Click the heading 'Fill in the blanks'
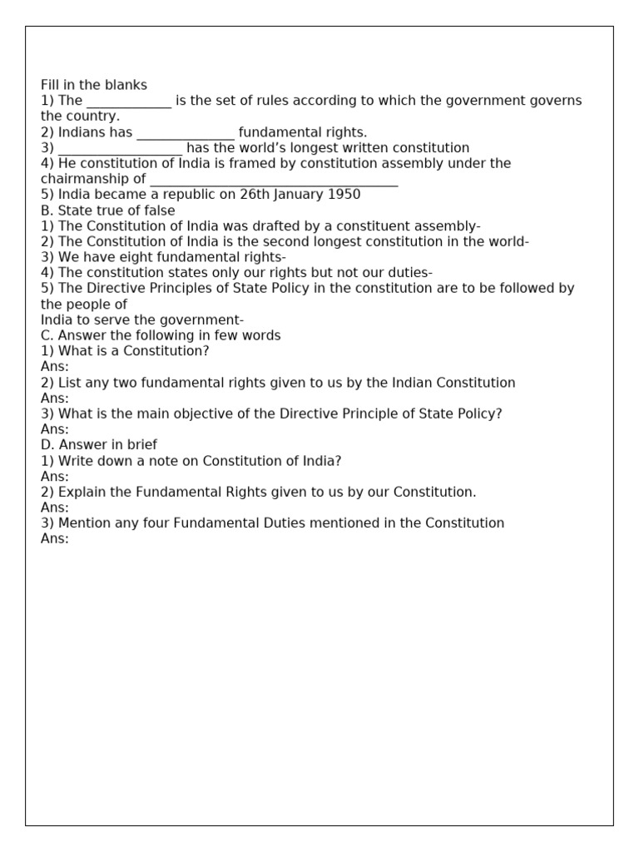click(94, 85)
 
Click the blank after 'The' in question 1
click(129, 102)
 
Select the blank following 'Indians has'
click(186, 133)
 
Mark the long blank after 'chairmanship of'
click(274, 180)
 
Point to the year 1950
click(344, 195)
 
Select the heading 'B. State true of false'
click(108, 211)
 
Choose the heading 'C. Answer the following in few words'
click(161, 336)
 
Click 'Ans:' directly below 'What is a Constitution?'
click(55, 367)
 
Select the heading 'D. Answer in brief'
click(99, 445)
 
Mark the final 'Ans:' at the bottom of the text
click(55, 539)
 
